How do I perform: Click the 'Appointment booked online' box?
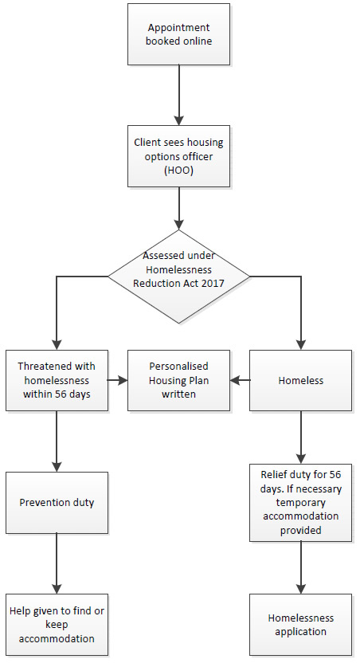pyautogui.click(x=179, y=35)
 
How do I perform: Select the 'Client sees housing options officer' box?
pyautogui.click(x=179, y=155)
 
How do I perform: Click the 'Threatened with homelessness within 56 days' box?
pyautogui.click(x=57, y=380)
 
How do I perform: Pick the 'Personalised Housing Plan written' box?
pyautogui.click(x=179, y=380)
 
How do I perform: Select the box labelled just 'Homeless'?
pyautogui.click(x=301, y=380)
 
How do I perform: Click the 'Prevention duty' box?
pyautogui.click(x=57, y=503)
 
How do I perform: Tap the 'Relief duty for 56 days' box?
pyautogui.click(x=301, y=501)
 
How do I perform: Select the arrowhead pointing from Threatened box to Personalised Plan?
pyautogui.click(x=122, y=380)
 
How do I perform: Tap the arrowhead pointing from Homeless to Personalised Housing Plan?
pyautogui.click(x=237, y=380)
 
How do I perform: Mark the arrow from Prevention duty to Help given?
pyautogui.click(x=57, y=563)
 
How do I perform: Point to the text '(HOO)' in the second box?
pyautogui.click(x=179, y=170)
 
